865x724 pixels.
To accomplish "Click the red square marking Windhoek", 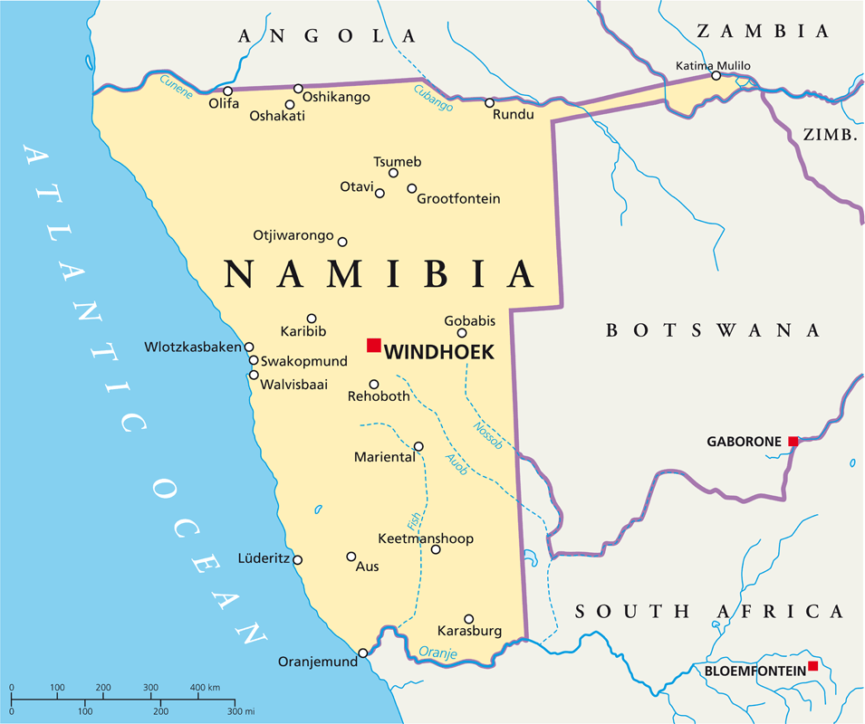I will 373,345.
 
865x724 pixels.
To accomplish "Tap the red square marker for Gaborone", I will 793,441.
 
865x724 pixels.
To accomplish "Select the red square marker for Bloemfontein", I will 812,666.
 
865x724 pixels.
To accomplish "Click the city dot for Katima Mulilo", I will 716,76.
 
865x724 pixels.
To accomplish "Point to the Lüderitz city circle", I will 297,559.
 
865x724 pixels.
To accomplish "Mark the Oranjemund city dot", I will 363,653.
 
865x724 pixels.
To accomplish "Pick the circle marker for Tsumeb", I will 393,173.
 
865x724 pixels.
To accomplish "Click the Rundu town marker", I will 489,103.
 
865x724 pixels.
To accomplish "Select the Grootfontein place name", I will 458,199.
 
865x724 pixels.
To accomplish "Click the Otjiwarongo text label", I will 293,234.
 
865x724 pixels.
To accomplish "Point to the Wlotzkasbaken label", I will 193,347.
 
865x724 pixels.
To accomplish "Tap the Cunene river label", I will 177,85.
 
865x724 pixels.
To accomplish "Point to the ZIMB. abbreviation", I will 830,135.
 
